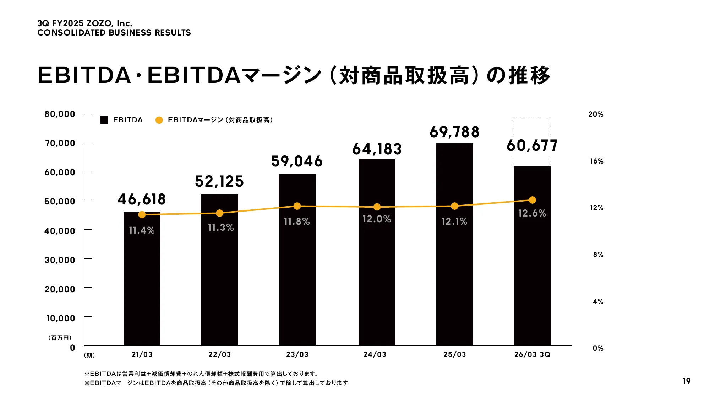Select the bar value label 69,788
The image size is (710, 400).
tap(454, 132)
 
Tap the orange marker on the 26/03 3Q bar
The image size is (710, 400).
tap(532, 200)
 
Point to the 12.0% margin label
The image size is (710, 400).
tap(377, 219)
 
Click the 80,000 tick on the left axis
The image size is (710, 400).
tap(60, 114)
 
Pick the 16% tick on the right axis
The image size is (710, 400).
tap(596, 161)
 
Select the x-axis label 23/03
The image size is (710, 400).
tap(297, 354)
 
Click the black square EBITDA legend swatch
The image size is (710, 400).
tap(104, 120)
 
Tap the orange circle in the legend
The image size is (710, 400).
tap(159, 120)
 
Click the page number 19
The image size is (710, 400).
tap(686, 381)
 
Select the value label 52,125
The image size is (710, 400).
tap(219, 181)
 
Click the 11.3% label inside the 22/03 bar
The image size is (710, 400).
tap(221, 228)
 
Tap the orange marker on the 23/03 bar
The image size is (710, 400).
tap(297, 206)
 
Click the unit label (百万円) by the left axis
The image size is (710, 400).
tap(60, 338)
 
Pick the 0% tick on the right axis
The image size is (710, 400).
tap(598, 348)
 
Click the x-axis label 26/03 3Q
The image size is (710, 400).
tap(532, 354)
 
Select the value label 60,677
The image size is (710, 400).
tap(532, 145)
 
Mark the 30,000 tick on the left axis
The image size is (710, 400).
tap(60, 260)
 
